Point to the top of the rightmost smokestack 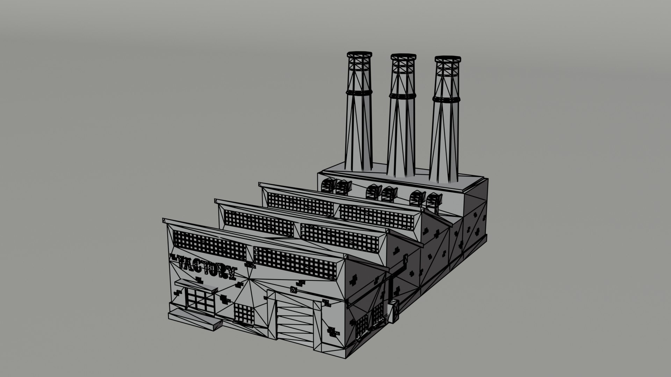448,59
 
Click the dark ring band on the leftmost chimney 358,93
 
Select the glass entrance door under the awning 199,300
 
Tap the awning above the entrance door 196,284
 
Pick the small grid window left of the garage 244,313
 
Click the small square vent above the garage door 293,289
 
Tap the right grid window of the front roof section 297,264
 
